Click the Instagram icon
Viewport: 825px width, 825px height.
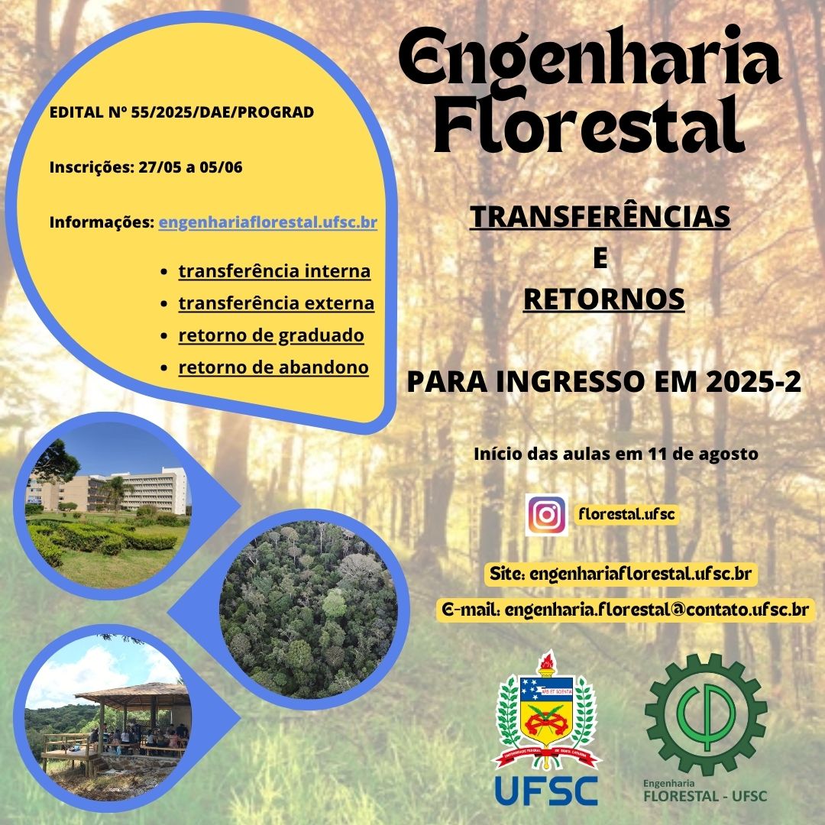[x=546, y=515]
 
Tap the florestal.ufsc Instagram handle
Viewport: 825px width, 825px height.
[x=626, y=514]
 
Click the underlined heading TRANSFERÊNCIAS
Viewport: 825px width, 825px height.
[x=600, y=217]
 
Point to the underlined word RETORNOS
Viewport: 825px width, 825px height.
[x=603, y=299]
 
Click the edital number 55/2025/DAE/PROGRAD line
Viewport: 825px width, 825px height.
[x=182, y=112]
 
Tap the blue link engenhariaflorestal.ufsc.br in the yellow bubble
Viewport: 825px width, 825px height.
[x=268, y=222]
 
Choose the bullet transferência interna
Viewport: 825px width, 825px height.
[x=274, y=271]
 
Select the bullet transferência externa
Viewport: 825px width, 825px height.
[x=277, y=303]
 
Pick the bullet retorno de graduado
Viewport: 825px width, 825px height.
[x=271, y=335]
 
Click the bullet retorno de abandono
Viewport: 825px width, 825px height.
[x=273, y=367]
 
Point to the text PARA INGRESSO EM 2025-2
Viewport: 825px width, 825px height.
[x=604, y=381]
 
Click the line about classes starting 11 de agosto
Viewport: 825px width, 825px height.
[x=616, y=454]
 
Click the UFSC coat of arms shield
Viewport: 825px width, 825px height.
[x=546, y=711]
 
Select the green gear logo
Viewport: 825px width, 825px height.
[x=706, y=714]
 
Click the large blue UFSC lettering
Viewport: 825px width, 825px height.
[x=546, y=791]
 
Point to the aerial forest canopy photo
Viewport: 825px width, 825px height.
[x=308, y=610]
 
